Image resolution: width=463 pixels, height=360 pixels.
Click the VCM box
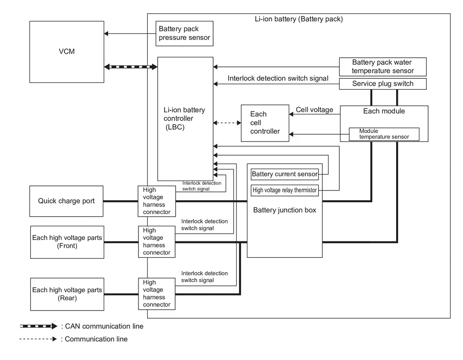pyautogui.click(x=67, y=52)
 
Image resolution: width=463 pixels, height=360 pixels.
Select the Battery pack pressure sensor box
pyautogui.click(x=185, y=33)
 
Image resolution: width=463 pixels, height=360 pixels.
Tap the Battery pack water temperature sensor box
pyautogui.click(x=383, y=67)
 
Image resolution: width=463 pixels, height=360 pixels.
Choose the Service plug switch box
pyautogui.click(x=383, y=84)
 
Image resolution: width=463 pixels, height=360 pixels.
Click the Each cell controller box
pyautogui.click(x=265, y=123)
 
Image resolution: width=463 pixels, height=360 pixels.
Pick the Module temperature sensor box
pyautogui.click(x=384, y=134)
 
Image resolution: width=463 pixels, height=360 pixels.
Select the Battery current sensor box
pyautogui.click(x=285, y=174)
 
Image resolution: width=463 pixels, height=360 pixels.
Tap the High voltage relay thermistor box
pyautogui.click(x=285, y=191)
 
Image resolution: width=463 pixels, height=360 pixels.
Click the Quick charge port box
pyautogui.click(x=66, y=201)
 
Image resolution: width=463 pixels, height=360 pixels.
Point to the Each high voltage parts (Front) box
pyautogui.click(x=67, y=242)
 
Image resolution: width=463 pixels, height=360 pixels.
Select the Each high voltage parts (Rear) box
pyautogui.click(x=67, y=294)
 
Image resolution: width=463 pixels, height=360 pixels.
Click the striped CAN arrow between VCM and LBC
pyautogui.click(x=131, y=67)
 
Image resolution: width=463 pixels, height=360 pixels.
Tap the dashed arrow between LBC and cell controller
pyautogui.click(x=227, y=123)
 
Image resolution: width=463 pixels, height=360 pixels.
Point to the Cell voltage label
pyautogui.click(x=314, y=110)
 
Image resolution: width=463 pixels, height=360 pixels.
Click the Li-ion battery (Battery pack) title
pyautogui.click(x=299, y=19)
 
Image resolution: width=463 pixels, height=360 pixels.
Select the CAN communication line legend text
pyautogui.click(x=102, y=326)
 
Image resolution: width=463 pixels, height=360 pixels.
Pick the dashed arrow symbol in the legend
pyautogui.click(x=38, y=339)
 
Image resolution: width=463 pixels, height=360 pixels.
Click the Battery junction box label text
pyautogui.click(x=285, y=210)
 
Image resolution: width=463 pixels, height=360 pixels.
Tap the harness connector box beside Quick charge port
pyautogui.click(x=157, y=201)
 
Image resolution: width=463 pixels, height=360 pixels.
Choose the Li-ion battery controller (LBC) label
pyautogui.click(x=184, y=118)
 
